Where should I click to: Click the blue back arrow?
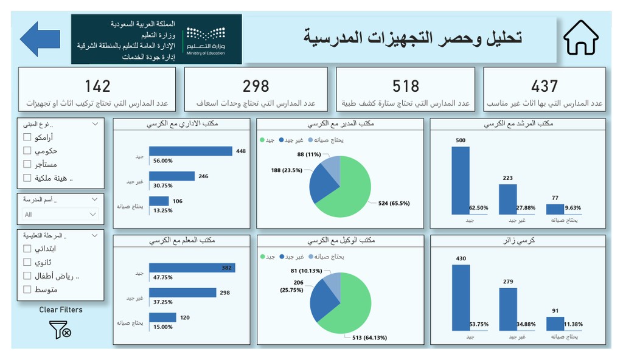pyautogui.click(x=40, y=39)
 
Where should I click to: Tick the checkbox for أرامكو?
pyautogui.click(x=27, y=137)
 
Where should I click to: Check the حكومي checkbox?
pyautogui.click(x=27, y=151)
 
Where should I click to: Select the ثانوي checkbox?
pyautogui.click(x=27, y=262)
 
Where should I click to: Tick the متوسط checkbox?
pyautogui.click(x=27, y=289)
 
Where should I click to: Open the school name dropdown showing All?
pyautogui.click(x=60, y=214)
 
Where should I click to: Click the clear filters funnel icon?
pyautogui.click(x=60, y=330)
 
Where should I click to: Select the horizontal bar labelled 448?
pyautogui.click(x=190, y=151)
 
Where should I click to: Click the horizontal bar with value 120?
pyautogui.click(x=162, y=317)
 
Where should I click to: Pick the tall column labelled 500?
pyautogui.click(x=461, y=181)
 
